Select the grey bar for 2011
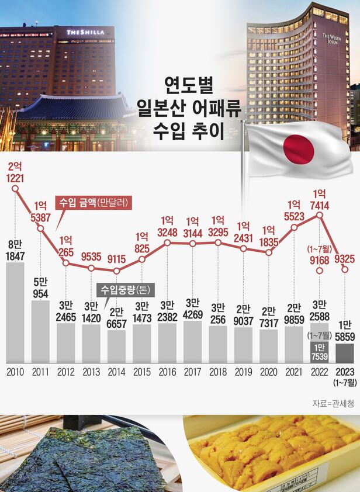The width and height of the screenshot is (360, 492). tap(40, 331)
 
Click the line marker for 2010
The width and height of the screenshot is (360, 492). tap(15, 188)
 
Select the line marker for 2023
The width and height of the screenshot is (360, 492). tap(345, 268)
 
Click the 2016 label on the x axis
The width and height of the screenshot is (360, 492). tap(167, 371)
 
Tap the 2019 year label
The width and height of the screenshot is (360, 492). tap(243, 371)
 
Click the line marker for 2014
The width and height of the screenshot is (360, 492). tap(116, 271)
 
